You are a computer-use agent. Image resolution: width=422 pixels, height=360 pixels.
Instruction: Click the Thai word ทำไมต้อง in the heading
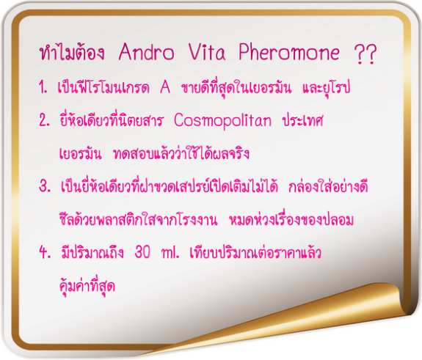72,52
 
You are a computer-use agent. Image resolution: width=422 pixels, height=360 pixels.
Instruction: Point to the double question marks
365,54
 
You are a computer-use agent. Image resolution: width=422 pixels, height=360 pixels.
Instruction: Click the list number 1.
43,87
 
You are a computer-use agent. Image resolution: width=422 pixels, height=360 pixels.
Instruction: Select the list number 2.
45,120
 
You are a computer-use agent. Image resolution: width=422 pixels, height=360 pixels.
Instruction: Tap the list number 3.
45,185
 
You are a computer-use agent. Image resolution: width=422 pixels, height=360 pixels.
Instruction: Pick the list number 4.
45,252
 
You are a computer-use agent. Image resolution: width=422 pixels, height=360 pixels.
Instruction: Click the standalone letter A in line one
165,87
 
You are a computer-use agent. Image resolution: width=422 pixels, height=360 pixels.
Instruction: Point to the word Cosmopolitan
222,121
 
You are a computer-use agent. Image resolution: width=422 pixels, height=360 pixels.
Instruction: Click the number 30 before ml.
142,252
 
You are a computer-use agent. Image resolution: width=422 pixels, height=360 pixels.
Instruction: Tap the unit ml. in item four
170,252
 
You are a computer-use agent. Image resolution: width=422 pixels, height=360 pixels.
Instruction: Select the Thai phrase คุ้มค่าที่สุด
87,285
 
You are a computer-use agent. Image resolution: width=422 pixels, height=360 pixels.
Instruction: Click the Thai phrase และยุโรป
326,87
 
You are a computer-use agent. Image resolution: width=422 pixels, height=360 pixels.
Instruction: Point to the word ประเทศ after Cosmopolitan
302,120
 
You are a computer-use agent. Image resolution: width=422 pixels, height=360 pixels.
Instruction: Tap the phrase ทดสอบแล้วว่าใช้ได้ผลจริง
181,153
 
